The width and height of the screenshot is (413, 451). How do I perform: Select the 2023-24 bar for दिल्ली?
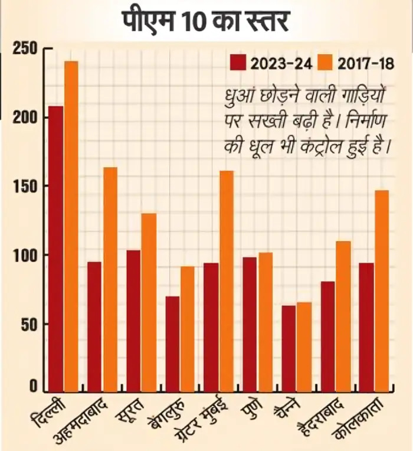tap(56, 248)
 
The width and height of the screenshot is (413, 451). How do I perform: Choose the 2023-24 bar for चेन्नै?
tap(288, 348)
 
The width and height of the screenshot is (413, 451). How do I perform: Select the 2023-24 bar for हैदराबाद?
tap(327, 336)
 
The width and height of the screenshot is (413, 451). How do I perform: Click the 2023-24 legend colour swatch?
tap(238, 63)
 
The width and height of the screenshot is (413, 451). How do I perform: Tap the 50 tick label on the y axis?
tap(29, 324)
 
